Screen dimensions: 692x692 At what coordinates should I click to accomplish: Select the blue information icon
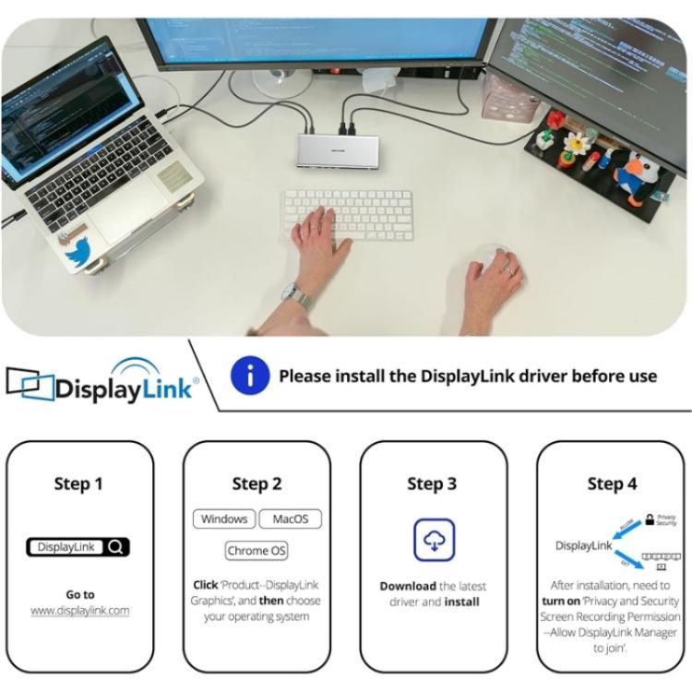click(x=249, y=376)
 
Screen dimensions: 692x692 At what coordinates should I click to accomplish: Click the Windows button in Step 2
click(x=223, y=519)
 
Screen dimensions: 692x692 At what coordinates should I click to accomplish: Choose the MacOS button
click(x=290, y=519)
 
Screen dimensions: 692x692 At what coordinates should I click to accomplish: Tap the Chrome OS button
click(x=257, y=551)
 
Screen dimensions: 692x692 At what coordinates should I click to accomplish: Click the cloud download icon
click(x=433, y=540)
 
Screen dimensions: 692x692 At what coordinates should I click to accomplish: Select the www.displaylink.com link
click(x=79, y=610)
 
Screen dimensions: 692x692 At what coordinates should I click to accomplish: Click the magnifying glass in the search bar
click(x=115, y=547)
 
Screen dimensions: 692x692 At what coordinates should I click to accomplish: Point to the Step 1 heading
click(x=79, y=483)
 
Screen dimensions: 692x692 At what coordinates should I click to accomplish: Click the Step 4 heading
click(x=612, y=483)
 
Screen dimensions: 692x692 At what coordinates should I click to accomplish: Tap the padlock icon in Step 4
click(x=650, y=519)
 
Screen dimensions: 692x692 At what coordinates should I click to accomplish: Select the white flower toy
click(x=579, y=142)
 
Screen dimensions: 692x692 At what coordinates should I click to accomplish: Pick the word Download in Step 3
click(x=408, y=586)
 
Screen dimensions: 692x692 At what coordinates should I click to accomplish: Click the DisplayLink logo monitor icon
click(x=28, y=383)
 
